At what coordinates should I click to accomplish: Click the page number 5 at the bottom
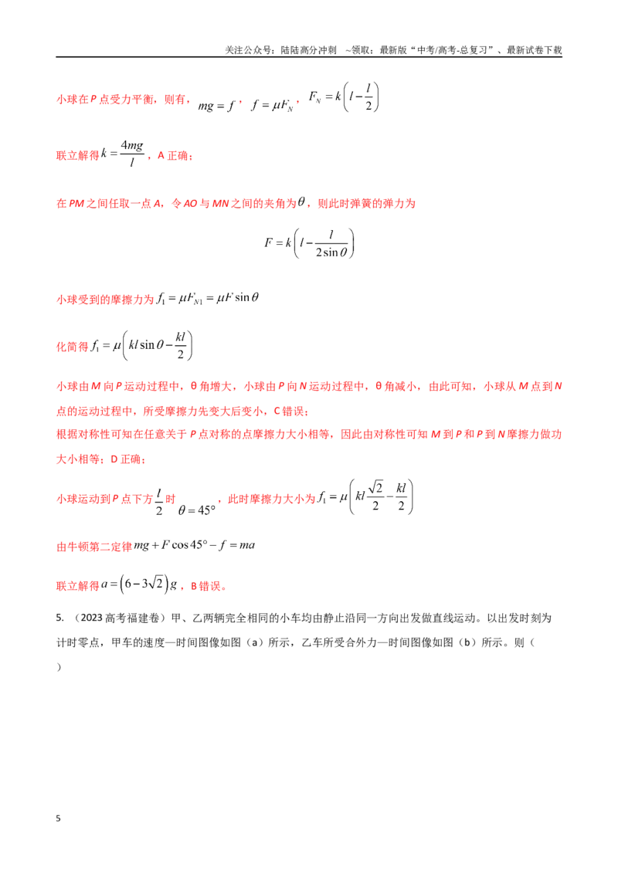[x=58, y=818]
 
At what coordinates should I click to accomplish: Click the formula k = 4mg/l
[x=122, y=154]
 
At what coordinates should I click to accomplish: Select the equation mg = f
[x=216, y=105]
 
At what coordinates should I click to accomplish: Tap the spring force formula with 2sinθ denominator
[x=309, y=243]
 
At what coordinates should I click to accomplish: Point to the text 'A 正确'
[x=174, y=155]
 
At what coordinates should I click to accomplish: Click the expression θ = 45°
[x=196, y=510]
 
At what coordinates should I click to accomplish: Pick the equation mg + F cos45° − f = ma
[x=194, y=545]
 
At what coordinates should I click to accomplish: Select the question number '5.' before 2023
[x=59, y=618]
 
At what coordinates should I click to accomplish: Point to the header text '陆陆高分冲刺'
[x=308, y=50]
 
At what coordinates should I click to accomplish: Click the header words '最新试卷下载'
[x=534, y=50]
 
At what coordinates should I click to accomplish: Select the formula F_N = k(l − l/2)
[x=344, y=97]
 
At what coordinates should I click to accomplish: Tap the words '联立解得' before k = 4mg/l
[x=78, y=155]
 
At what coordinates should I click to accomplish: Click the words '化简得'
[x=73, y=347]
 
